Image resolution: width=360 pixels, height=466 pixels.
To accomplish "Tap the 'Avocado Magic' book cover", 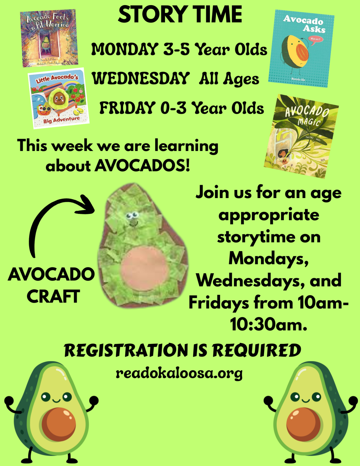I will point(301,136).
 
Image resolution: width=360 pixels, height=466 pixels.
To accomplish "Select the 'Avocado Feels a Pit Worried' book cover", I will point(49,38).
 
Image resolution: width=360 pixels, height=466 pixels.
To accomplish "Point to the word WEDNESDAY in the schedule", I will point(141,78).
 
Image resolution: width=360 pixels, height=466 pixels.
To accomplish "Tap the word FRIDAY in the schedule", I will point(127,108).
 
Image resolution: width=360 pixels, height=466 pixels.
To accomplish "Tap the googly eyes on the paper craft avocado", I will point(132,215).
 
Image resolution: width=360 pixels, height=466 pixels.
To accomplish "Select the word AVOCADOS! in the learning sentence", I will point(142,165).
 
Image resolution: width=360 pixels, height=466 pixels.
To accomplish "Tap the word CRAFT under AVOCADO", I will point(53,296).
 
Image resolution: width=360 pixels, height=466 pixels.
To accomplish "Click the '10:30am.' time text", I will point(268,324).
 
